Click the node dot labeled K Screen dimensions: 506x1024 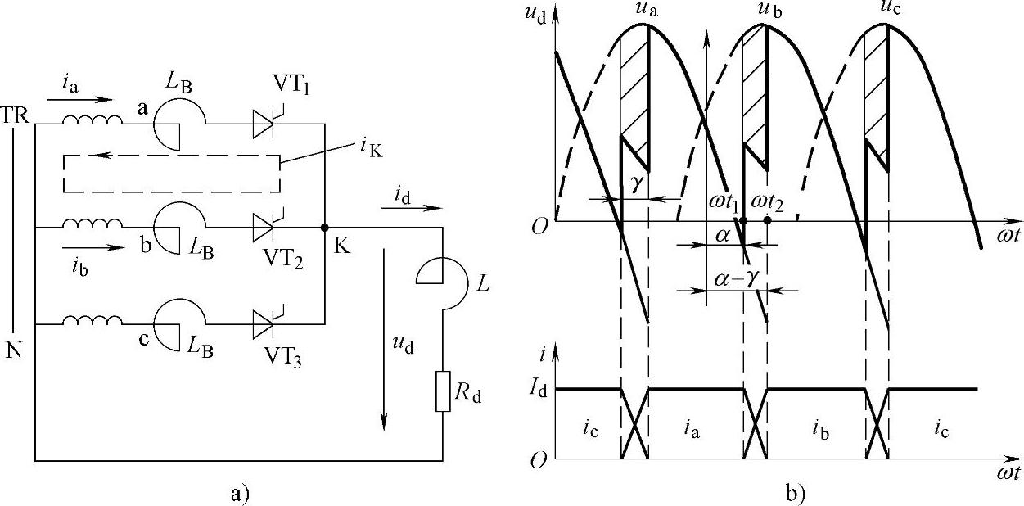click(x=324, y=227)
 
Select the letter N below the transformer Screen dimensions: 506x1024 click(x=14, y=351)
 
